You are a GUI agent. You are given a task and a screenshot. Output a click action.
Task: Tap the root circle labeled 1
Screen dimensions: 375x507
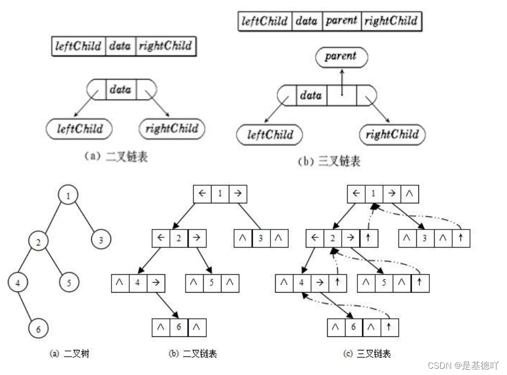68,196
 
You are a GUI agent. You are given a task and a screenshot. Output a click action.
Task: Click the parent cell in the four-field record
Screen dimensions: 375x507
341,21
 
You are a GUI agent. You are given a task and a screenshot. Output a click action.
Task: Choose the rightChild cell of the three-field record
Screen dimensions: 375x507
165,46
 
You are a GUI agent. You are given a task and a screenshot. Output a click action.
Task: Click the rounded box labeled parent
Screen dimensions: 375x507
341,56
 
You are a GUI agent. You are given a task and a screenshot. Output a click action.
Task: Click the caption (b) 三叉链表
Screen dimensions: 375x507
329,162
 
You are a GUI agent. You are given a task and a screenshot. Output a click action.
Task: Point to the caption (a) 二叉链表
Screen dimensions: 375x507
116,156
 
